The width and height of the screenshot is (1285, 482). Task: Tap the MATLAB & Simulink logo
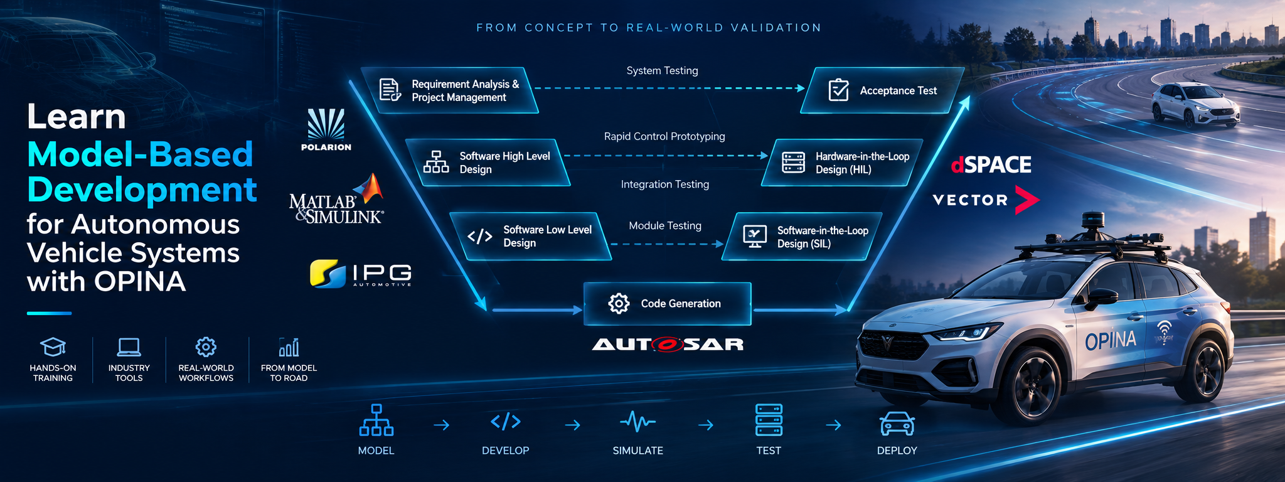tap(336, 199)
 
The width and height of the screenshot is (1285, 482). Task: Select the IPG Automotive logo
tap(361, 274)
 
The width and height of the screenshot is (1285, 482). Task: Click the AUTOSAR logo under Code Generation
tap(668, 344)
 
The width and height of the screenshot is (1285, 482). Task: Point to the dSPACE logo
tap(991, 164)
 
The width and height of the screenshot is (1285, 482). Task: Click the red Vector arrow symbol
tap(1026, 200)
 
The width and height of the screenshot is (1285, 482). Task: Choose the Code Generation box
tap(668, 304)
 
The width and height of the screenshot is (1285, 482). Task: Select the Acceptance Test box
tap(882, 90)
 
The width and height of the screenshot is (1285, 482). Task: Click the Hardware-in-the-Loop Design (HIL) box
tap(842, 163)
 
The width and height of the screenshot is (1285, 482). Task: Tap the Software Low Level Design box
tap(531, 236)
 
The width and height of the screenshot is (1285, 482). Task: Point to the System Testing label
tap(662, 71)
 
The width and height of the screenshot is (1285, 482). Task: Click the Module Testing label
tap(665, 226)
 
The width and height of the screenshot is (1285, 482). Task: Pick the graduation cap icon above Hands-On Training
tap(53, 347)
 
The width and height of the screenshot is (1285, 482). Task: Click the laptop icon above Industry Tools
tap(129, 347)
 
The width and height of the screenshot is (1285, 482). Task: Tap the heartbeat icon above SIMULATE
tap(637, 421)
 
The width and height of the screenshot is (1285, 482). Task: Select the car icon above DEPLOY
tap(897, 424)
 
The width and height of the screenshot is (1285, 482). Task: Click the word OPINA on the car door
tap(1111, 341)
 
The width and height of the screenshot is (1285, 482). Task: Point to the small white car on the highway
tap(1195, 105)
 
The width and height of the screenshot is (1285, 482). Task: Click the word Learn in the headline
tap(77, 117)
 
